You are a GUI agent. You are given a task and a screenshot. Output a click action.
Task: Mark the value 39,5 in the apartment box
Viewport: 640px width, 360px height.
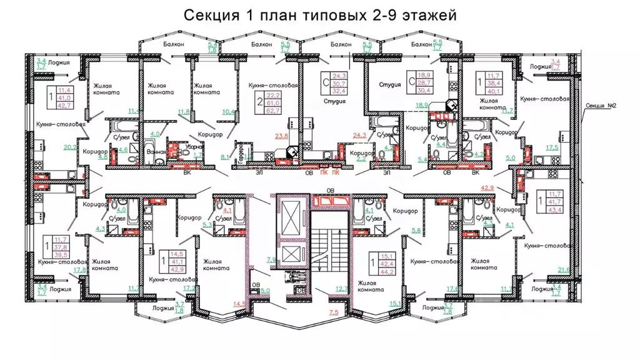click(x=60, y=254)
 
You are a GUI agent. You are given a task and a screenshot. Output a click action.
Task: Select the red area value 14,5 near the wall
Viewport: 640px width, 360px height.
click(x=238, y=304)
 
